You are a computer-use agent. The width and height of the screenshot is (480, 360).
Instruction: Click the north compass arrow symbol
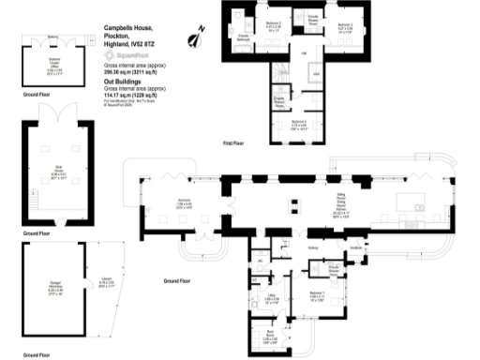199,37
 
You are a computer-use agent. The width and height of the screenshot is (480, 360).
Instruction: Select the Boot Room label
269,335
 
